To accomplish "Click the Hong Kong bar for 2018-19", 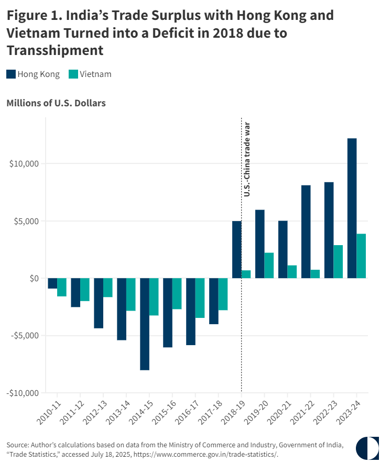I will click(237, 249).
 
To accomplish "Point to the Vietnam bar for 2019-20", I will click(269, 265).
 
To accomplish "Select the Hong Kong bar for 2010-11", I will click(52, 283).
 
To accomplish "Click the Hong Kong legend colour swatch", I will click(11, 74).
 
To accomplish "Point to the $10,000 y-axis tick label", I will click(24, 163).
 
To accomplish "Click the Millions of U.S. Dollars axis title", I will click(56, 103).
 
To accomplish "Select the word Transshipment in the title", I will click(55, 51).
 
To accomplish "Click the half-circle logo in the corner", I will click(367, 448).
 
